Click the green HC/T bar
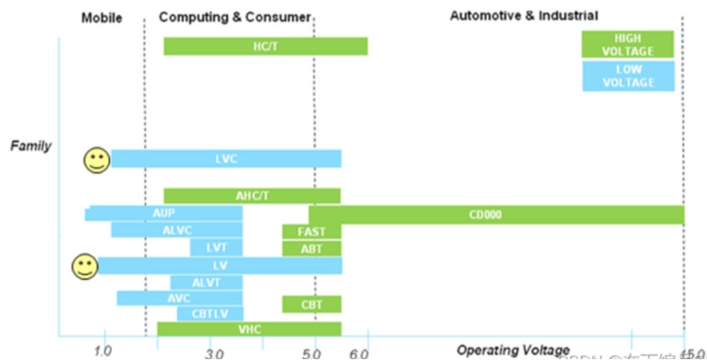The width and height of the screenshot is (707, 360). point(265,46)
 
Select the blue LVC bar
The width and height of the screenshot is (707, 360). point(225,158)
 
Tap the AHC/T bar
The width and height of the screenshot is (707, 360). point(252,196)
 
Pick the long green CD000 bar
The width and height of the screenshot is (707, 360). point(497,214)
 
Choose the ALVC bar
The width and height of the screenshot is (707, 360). point(177,230)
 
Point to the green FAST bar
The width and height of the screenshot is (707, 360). point(311,231)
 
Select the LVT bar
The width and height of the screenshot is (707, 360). point(216,248)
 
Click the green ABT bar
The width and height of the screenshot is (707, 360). point(311,249)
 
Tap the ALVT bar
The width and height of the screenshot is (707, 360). point(206,283)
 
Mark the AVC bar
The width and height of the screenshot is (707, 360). point(180,298)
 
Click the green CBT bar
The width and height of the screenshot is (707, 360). point(311,304)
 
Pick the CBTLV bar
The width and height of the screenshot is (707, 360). point(209,313)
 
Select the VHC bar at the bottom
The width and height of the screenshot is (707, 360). point(249,329)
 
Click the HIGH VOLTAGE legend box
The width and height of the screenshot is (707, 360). point(628,44)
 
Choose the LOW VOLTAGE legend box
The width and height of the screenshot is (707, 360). point(628,76)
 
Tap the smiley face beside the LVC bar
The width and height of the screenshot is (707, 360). point(97,160)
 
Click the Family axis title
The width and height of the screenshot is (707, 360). point(31,146)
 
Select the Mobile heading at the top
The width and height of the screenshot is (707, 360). point(101,15)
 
